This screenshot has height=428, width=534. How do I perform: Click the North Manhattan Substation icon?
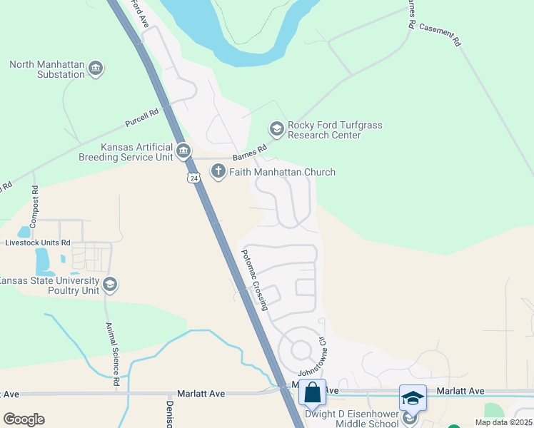pos(96,69)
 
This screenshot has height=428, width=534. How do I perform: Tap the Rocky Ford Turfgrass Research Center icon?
pos(276,129)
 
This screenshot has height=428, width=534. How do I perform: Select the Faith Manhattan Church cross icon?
pos(218,171)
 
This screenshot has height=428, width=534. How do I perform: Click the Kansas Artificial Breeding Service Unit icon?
pos(183,150)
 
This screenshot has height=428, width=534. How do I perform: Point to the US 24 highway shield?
pos(193,177)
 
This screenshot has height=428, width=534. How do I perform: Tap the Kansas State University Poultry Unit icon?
pos(109,285)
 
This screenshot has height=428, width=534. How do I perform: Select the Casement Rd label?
pos(440,34)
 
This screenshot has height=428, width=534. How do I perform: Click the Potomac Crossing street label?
pos(254,280)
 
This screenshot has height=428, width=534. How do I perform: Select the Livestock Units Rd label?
pos(37,243)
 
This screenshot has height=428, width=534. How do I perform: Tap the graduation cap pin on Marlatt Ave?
pos(413,398)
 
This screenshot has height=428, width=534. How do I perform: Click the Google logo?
pos(24,419)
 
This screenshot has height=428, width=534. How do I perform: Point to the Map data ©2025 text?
pos(503,422)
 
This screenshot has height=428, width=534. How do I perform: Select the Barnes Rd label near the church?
pos(249,153)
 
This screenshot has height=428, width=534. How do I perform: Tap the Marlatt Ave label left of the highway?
pos(201,393)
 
